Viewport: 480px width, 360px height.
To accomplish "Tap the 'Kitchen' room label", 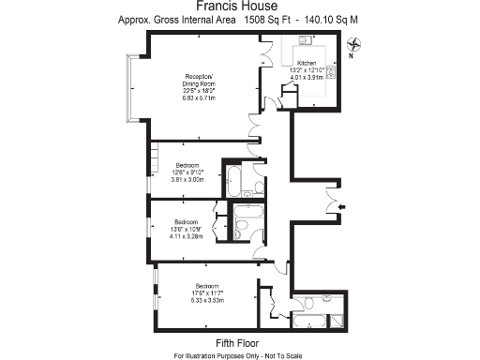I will [307, 62].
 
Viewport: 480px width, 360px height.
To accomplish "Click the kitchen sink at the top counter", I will [307, 41].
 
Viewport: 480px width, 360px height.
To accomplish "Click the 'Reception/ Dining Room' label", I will [199, 80].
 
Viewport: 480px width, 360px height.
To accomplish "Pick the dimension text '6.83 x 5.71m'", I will [199, 97].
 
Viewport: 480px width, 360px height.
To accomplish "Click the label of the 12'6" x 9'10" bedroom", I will [187, 166].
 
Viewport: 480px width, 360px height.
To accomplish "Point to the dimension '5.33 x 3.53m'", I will [207, 300].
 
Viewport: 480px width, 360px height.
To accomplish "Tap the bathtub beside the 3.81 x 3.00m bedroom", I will [234, 178].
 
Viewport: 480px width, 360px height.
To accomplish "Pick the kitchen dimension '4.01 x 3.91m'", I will [307, 78].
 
